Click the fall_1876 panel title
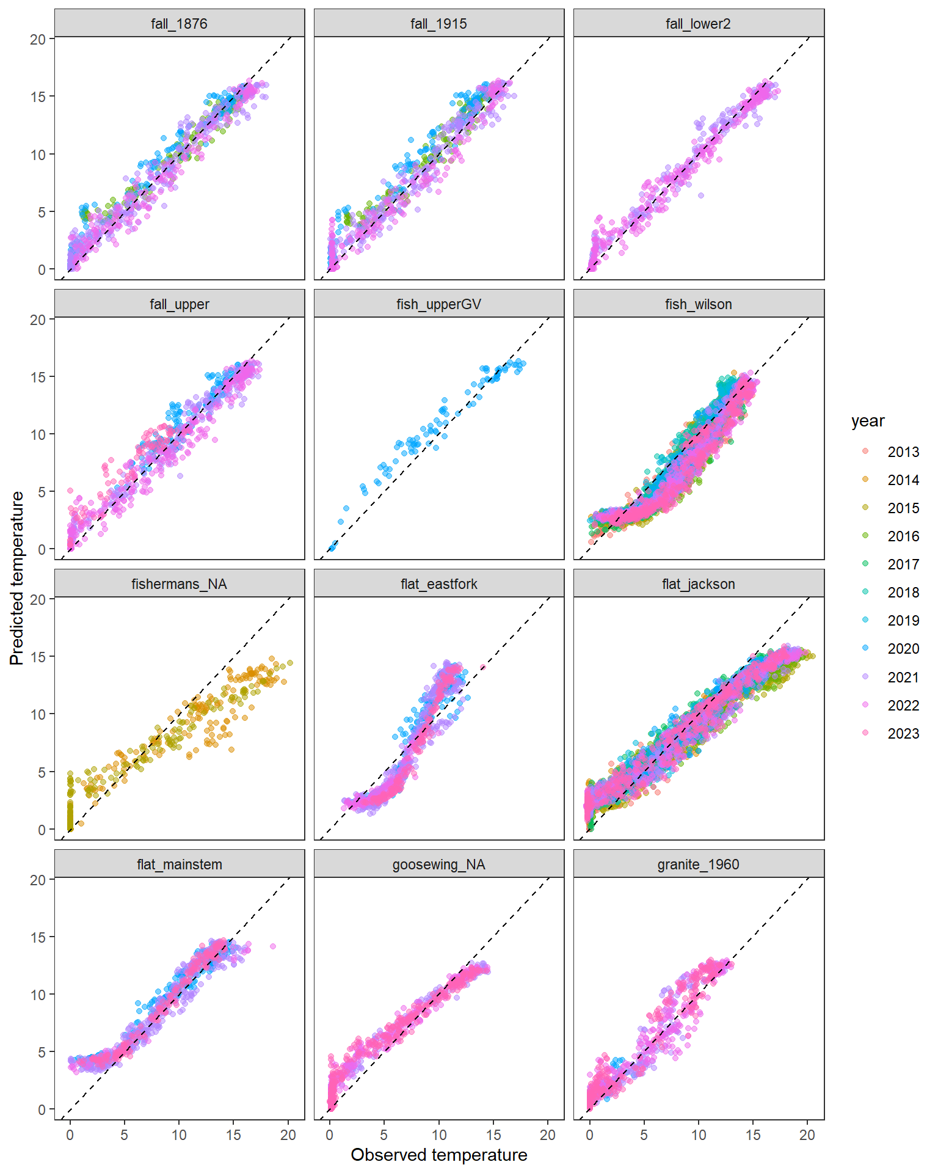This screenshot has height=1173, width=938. point(179,24)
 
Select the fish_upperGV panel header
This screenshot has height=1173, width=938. point(438,304)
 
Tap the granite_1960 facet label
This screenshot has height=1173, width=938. point(698,864)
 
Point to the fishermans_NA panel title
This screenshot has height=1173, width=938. point(179,584)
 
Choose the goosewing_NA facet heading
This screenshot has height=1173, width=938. point(438,864)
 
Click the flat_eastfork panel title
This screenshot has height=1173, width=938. point(438,584)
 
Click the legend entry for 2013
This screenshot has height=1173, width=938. point(903,452)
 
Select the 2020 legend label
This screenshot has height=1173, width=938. point(903,649)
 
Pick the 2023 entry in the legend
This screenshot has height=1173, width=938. point(903,733)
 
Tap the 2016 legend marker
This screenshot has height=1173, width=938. point(865,536)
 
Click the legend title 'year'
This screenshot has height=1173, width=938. point(868,421)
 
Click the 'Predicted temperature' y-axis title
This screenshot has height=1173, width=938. point(17,578)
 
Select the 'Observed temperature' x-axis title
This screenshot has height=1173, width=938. point(438,1155)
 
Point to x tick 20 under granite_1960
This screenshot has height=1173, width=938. point(807,1135)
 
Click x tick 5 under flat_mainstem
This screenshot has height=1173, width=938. point(125,1135)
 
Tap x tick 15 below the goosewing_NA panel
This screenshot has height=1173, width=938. point(493,1135)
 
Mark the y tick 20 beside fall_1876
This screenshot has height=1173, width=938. point(38,39)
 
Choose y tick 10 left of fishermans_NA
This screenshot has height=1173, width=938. point(38,714)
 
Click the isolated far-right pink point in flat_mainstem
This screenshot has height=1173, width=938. point(273,946)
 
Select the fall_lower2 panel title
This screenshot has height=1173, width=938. point(698,24)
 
